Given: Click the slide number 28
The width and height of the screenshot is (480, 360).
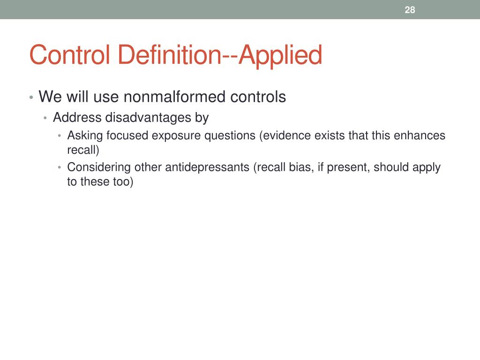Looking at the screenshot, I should coord(410,10).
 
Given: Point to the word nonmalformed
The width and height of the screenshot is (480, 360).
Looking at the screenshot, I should coord(175,97).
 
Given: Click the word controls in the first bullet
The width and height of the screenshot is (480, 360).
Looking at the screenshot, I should coord(258,97).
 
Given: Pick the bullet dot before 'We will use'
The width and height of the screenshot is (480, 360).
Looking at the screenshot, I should coord(31,98).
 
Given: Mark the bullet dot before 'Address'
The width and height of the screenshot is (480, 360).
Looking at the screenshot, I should coord(45,118).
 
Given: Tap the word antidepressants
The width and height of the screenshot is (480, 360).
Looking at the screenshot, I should coord(207,167).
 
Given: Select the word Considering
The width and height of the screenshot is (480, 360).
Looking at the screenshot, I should coord(99,167).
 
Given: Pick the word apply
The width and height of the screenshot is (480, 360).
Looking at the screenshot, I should coord(426,167).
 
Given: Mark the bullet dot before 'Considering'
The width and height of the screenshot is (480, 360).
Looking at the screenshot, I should coord(60,168).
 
